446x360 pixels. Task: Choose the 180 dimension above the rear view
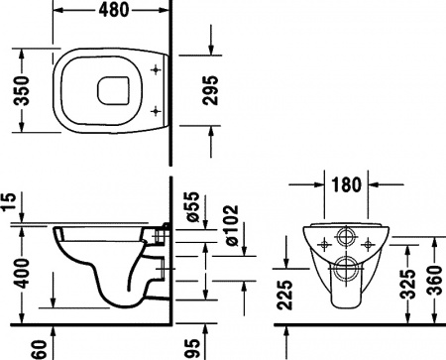[346, 185]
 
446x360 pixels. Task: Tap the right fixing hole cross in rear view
[370, 242]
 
